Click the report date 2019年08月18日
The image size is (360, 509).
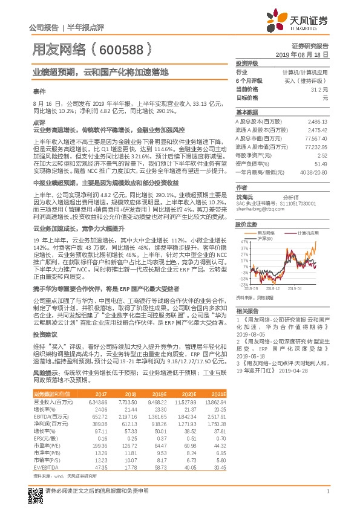(309, 54)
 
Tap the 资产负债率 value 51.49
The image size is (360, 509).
(321, 164)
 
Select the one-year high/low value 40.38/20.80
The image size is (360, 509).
(315, 172)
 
